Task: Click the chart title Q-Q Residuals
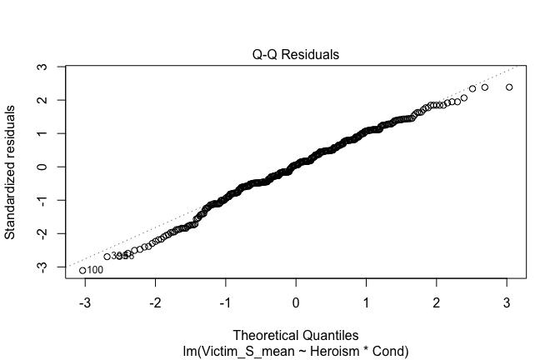coord(296,55)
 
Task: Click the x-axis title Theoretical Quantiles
coord(296,336)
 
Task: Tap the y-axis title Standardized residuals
coord(12,172)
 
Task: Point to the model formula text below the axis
coord(296,350)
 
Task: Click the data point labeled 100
coord(82,270)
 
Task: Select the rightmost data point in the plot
coord(509,87)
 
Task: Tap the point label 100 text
coord(95,270)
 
